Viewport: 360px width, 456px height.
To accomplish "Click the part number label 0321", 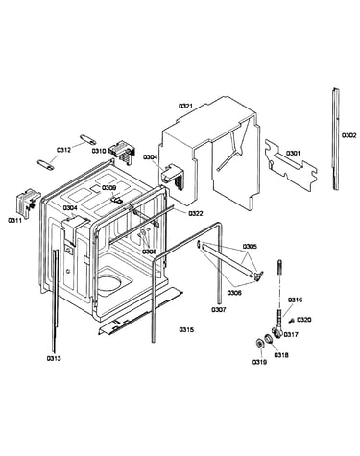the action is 185,106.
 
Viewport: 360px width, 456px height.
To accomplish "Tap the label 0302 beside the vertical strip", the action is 348,135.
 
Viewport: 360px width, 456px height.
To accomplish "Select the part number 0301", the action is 293,154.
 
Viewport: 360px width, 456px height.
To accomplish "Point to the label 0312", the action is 63,150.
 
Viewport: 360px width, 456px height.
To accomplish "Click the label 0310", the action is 99,151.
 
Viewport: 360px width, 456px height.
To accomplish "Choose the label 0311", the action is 15,220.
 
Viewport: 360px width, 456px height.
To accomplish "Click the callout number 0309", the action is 109,187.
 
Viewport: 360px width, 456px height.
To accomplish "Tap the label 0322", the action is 196,213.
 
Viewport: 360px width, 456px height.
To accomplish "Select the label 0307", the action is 219,309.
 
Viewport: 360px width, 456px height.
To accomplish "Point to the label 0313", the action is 54,358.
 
